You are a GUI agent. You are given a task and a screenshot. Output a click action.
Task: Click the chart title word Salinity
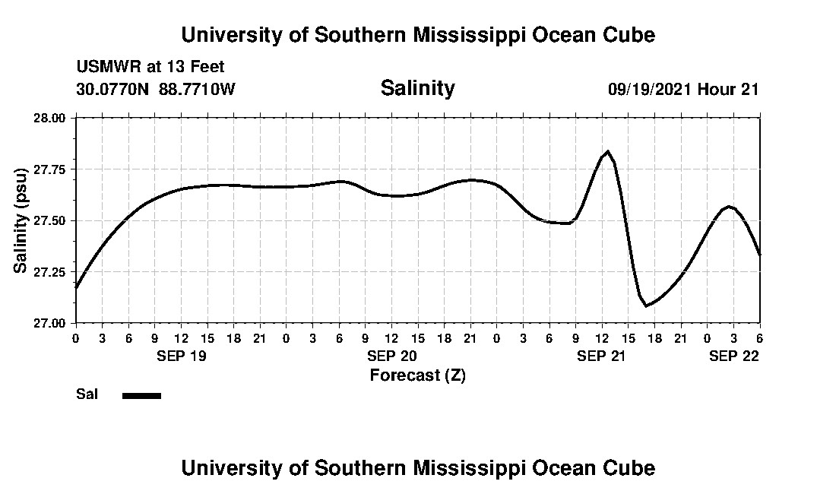[x=417, y=88]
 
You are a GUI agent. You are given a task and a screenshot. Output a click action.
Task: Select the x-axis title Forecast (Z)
[x=417, y=375]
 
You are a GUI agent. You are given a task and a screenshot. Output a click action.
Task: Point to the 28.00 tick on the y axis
[x=52, y=118]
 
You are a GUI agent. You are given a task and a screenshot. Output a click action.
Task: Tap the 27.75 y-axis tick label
[x=52, y=169]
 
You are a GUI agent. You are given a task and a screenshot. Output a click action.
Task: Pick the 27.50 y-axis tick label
[x=52, y=220]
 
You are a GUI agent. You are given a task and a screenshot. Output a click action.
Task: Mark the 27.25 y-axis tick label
[x=52, y=272]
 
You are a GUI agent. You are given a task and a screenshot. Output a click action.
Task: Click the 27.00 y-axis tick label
[x=52, y=323]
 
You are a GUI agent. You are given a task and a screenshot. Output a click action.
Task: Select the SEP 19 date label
[x=181, y=356]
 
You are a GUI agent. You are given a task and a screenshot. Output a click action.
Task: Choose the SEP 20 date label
[x=391, y=356]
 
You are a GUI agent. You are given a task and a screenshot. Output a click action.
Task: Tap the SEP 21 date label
[x=602, y=356]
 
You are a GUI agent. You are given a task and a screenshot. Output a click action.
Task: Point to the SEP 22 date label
[x=734, y=356]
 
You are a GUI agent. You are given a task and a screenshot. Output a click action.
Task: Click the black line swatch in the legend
[x=141, y=395]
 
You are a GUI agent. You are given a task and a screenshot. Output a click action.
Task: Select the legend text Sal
[x=87, y=394]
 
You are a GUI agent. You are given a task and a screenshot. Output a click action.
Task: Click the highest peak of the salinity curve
[x=608, y=151]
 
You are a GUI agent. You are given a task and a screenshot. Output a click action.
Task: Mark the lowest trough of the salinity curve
[x=647, y=306]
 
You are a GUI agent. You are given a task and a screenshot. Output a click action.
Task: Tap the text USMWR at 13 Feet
[x=150, y=67]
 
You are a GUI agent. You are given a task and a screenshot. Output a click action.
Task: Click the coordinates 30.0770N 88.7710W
[x=156, y=89]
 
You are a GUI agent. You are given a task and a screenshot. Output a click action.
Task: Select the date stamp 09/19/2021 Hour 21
[x=683, y=89]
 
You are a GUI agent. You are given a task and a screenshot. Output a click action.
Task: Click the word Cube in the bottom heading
[x=629, y=467]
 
